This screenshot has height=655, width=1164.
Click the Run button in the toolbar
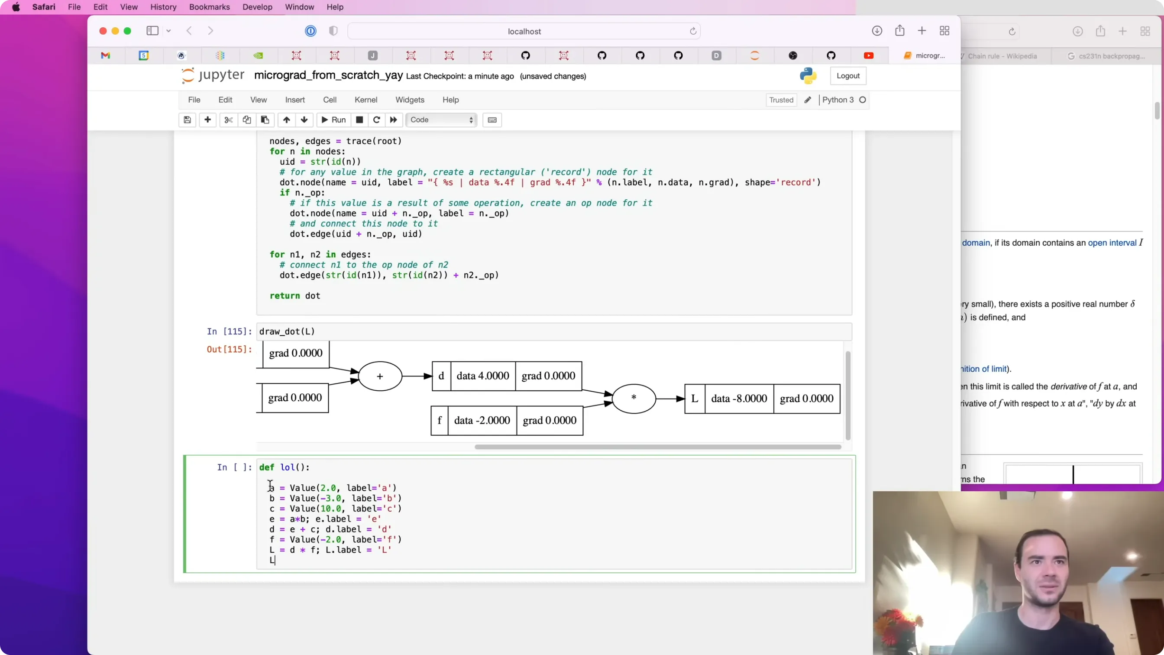coord(333,120)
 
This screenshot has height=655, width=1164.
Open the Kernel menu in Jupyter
coord(365,100)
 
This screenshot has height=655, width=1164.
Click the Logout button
coord(848,76)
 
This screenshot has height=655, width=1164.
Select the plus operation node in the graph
coord(380,376)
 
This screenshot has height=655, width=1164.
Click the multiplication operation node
coord(634,398)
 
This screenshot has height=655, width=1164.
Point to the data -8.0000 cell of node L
coord(739,399)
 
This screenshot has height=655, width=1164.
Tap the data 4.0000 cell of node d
coord(482,376)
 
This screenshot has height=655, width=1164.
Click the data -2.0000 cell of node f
coord(482,420)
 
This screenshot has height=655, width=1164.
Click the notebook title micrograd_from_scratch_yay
coord(329,75)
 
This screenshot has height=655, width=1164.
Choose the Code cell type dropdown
coord(441,120)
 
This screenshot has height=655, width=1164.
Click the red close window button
coord(103,31)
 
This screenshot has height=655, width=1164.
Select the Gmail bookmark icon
coord(105,55)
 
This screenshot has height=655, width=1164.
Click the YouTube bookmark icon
coord(869,55)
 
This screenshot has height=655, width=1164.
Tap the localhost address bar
coord(524,31)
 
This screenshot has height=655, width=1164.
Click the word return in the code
coord(285,295)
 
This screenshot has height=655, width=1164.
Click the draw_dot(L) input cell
coord(554,331)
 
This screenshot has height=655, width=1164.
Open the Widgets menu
coord(410,100)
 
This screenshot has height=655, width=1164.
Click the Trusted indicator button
coord(781,100)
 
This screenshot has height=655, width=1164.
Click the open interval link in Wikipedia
coord(1112,243)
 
